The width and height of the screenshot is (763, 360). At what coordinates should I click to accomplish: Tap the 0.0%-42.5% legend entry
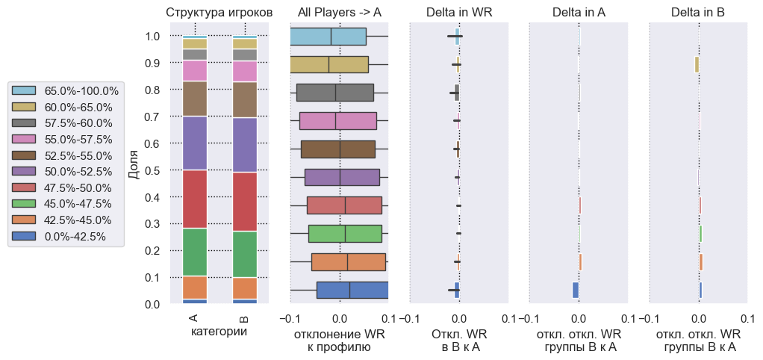tap(75, 236)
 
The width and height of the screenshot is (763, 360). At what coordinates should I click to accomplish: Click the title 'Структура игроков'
tap(219, 13)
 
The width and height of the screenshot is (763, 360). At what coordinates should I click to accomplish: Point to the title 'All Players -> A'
tap(339, 13)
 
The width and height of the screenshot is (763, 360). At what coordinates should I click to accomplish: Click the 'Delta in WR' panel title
tap(459, 13)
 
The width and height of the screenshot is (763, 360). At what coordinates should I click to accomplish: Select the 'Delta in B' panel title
tap(698, 13)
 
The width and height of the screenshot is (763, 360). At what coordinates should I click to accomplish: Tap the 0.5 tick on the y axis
tap(152, 170)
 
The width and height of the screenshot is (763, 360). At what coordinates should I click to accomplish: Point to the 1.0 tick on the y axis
tap(152, 37)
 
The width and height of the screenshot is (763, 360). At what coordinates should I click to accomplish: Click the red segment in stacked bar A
tap(194, 199)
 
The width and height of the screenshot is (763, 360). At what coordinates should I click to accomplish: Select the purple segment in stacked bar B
tap(244, 145)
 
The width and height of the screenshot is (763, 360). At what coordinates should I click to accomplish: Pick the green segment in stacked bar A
tap(194, 252)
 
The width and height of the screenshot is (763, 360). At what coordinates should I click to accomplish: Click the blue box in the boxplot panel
tap(352, 290)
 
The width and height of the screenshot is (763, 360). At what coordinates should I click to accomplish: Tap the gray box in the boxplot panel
tap(334, 93)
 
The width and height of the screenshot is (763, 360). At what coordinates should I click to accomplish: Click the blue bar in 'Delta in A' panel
tap(576, 290)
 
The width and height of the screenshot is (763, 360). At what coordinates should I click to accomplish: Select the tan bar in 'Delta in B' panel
tap(696, 65)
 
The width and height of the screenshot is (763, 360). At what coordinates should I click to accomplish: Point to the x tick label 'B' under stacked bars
tap(244, 317)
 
